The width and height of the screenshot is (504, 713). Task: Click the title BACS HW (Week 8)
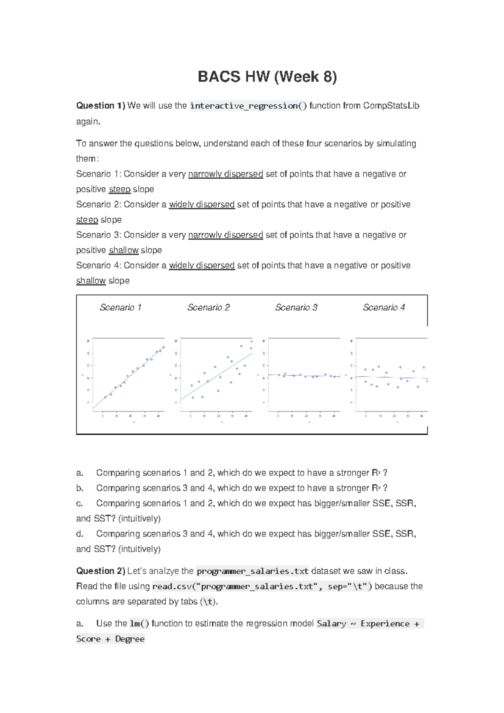[x=267, y=77]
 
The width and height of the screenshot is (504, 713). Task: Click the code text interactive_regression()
[x=248, y=106]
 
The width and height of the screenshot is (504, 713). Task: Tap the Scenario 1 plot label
[x=120, y=308]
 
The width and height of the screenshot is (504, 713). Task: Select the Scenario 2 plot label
[x=208, y=308]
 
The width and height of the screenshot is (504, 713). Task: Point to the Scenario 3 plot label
[x=296, y=308]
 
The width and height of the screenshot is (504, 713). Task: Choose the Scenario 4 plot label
[x=384, y=308]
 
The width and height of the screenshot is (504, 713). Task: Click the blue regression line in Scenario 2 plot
[x=216, y=377]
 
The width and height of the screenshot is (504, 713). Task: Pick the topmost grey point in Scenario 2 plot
[x=241, y=346]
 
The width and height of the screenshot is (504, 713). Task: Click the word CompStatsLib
[x=391, y=106]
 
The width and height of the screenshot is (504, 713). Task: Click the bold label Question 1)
[x=100, y=106]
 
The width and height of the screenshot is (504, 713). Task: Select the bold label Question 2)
[x=100, y=571]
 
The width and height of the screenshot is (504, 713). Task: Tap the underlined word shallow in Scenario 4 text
[x=91, y=281]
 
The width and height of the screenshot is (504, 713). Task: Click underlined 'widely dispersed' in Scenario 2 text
[x=202, y=205]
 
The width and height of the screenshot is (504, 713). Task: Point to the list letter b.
[x=80, y=488]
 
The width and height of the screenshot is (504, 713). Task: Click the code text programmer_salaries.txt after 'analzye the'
[x=252, y=571]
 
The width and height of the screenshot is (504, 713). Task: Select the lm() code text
[x=139, y=624]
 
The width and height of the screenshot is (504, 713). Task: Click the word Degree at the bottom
[x=130, y=639]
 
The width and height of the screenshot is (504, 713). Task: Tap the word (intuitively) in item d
[x=139, y=549]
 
